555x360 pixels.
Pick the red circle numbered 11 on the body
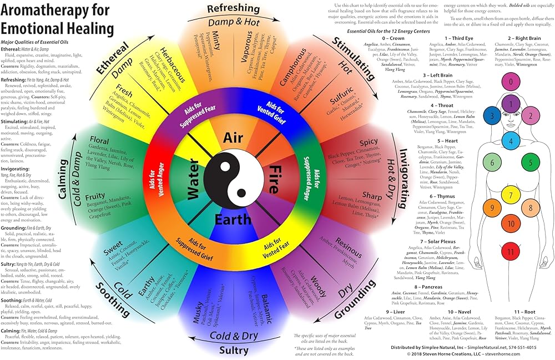(x=511, y=251)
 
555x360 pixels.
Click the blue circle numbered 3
(x=491, y=116)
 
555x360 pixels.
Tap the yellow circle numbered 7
(x=511, y=195)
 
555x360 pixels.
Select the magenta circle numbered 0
(x=511, y=83)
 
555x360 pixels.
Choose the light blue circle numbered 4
(x=511, y=141)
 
